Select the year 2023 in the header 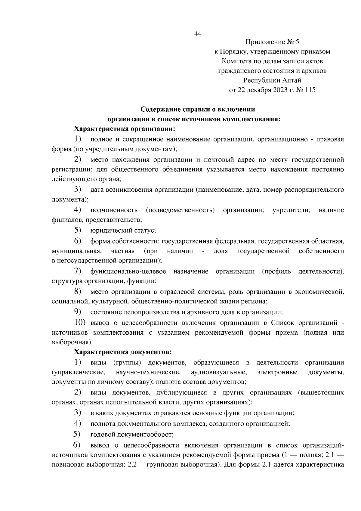(281, 90)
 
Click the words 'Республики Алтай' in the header (272, 80)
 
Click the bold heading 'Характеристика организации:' (124, 129)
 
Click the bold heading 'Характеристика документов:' (123, 352)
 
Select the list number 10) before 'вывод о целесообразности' (80, 323)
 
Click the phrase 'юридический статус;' (123, 231)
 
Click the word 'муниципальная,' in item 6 (76, 251)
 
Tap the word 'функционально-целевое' (128, 271)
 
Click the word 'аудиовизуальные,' (219, 372)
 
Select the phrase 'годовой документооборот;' (132, 435)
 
